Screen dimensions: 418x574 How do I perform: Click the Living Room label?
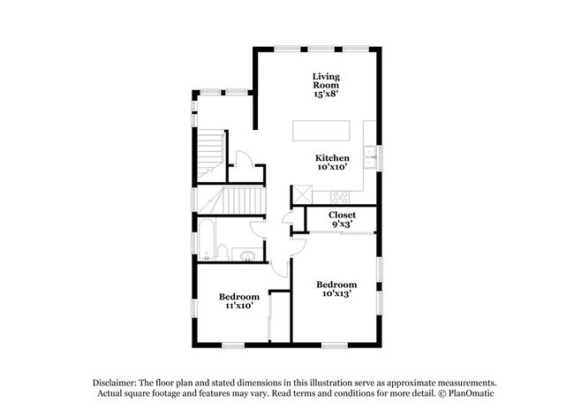click(x=326, y=80)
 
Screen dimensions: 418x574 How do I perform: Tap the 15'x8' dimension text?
click(x=326, y=95)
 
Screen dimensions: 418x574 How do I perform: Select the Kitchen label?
click(x=338, y=157)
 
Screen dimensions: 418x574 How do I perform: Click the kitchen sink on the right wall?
click(x=374, y=159)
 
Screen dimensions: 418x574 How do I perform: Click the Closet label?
click(x=342, y=215)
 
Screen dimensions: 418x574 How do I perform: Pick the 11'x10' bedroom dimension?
click(x=238, y=306)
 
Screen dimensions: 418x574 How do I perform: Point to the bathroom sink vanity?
click(x=247, y=256)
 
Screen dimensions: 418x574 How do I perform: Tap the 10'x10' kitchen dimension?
click(x=338, y=167)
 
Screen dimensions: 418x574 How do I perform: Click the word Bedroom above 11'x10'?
click(x=238, y=296)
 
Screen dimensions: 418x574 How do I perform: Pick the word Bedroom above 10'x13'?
click(x=336, y=284)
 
